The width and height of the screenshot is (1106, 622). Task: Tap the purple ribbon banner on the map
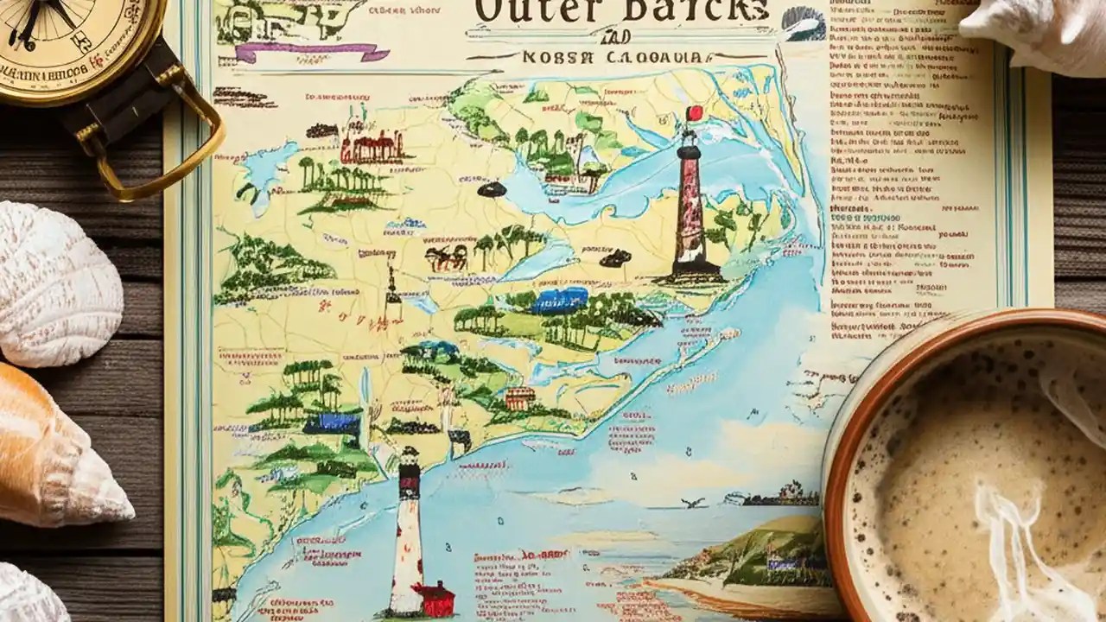(x=311, y=51)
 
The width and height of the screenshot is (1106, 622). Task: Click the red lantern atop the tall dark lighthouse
(x=693, y=113)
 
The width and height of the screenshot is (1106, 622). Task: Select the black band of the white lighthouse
(x=409, y=484)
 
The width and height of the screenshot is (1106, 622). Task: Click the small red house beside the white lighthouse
(x=434, y=597)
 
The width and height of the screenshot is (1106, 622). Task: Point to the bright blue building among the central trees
(x=560, y=300)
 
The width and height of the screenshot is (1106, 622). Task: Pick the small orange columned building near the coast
(x=519, y=398)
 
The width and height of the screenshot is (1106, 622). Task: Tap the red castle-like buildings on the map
(x=372, y=149)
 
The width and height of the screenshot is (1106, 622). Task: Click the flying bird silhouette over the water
(x=690, y=502)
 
